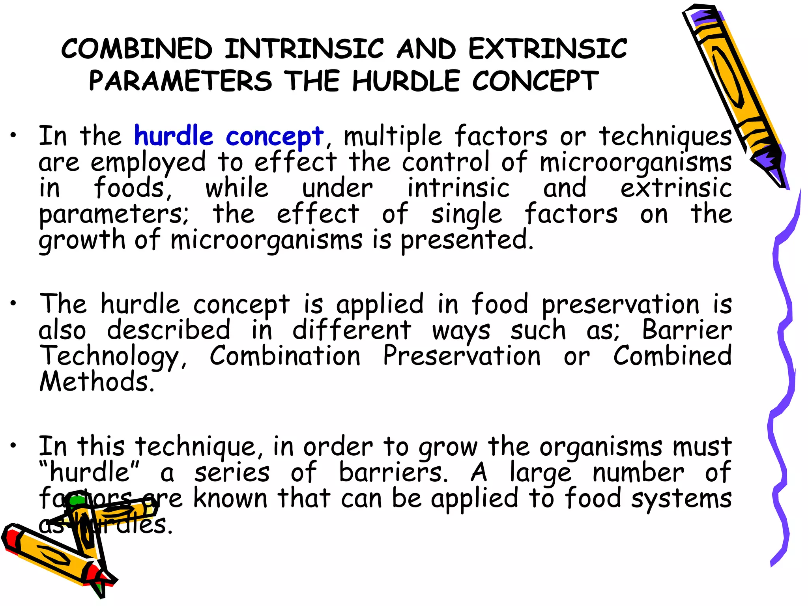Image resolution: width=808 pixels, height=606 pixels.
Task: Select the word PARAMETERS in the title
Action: pyautogui.click(x=180, y=81)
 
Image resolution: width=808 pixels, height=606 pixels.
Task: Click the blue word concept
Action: pyautogui.click(x=275, y=137)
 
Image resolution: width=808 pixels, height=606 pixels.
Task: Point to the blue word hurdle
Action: pyautogui.click(x=174, y=136)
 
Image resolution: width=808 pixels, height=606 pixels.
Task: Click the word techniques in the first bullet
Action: pyautogui.click(x=665, y=137)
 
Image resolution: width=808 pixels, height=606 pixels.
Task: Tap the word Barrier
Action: pyautogui.click(x=686, y=330)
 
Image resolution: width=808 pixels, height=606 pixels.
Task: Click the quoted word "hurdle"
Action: pyautogui.click(x=90, y=472)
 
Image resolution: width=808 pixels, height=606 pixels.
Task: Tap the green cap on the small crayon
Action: pyautogui.click(x=77, y=500)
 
